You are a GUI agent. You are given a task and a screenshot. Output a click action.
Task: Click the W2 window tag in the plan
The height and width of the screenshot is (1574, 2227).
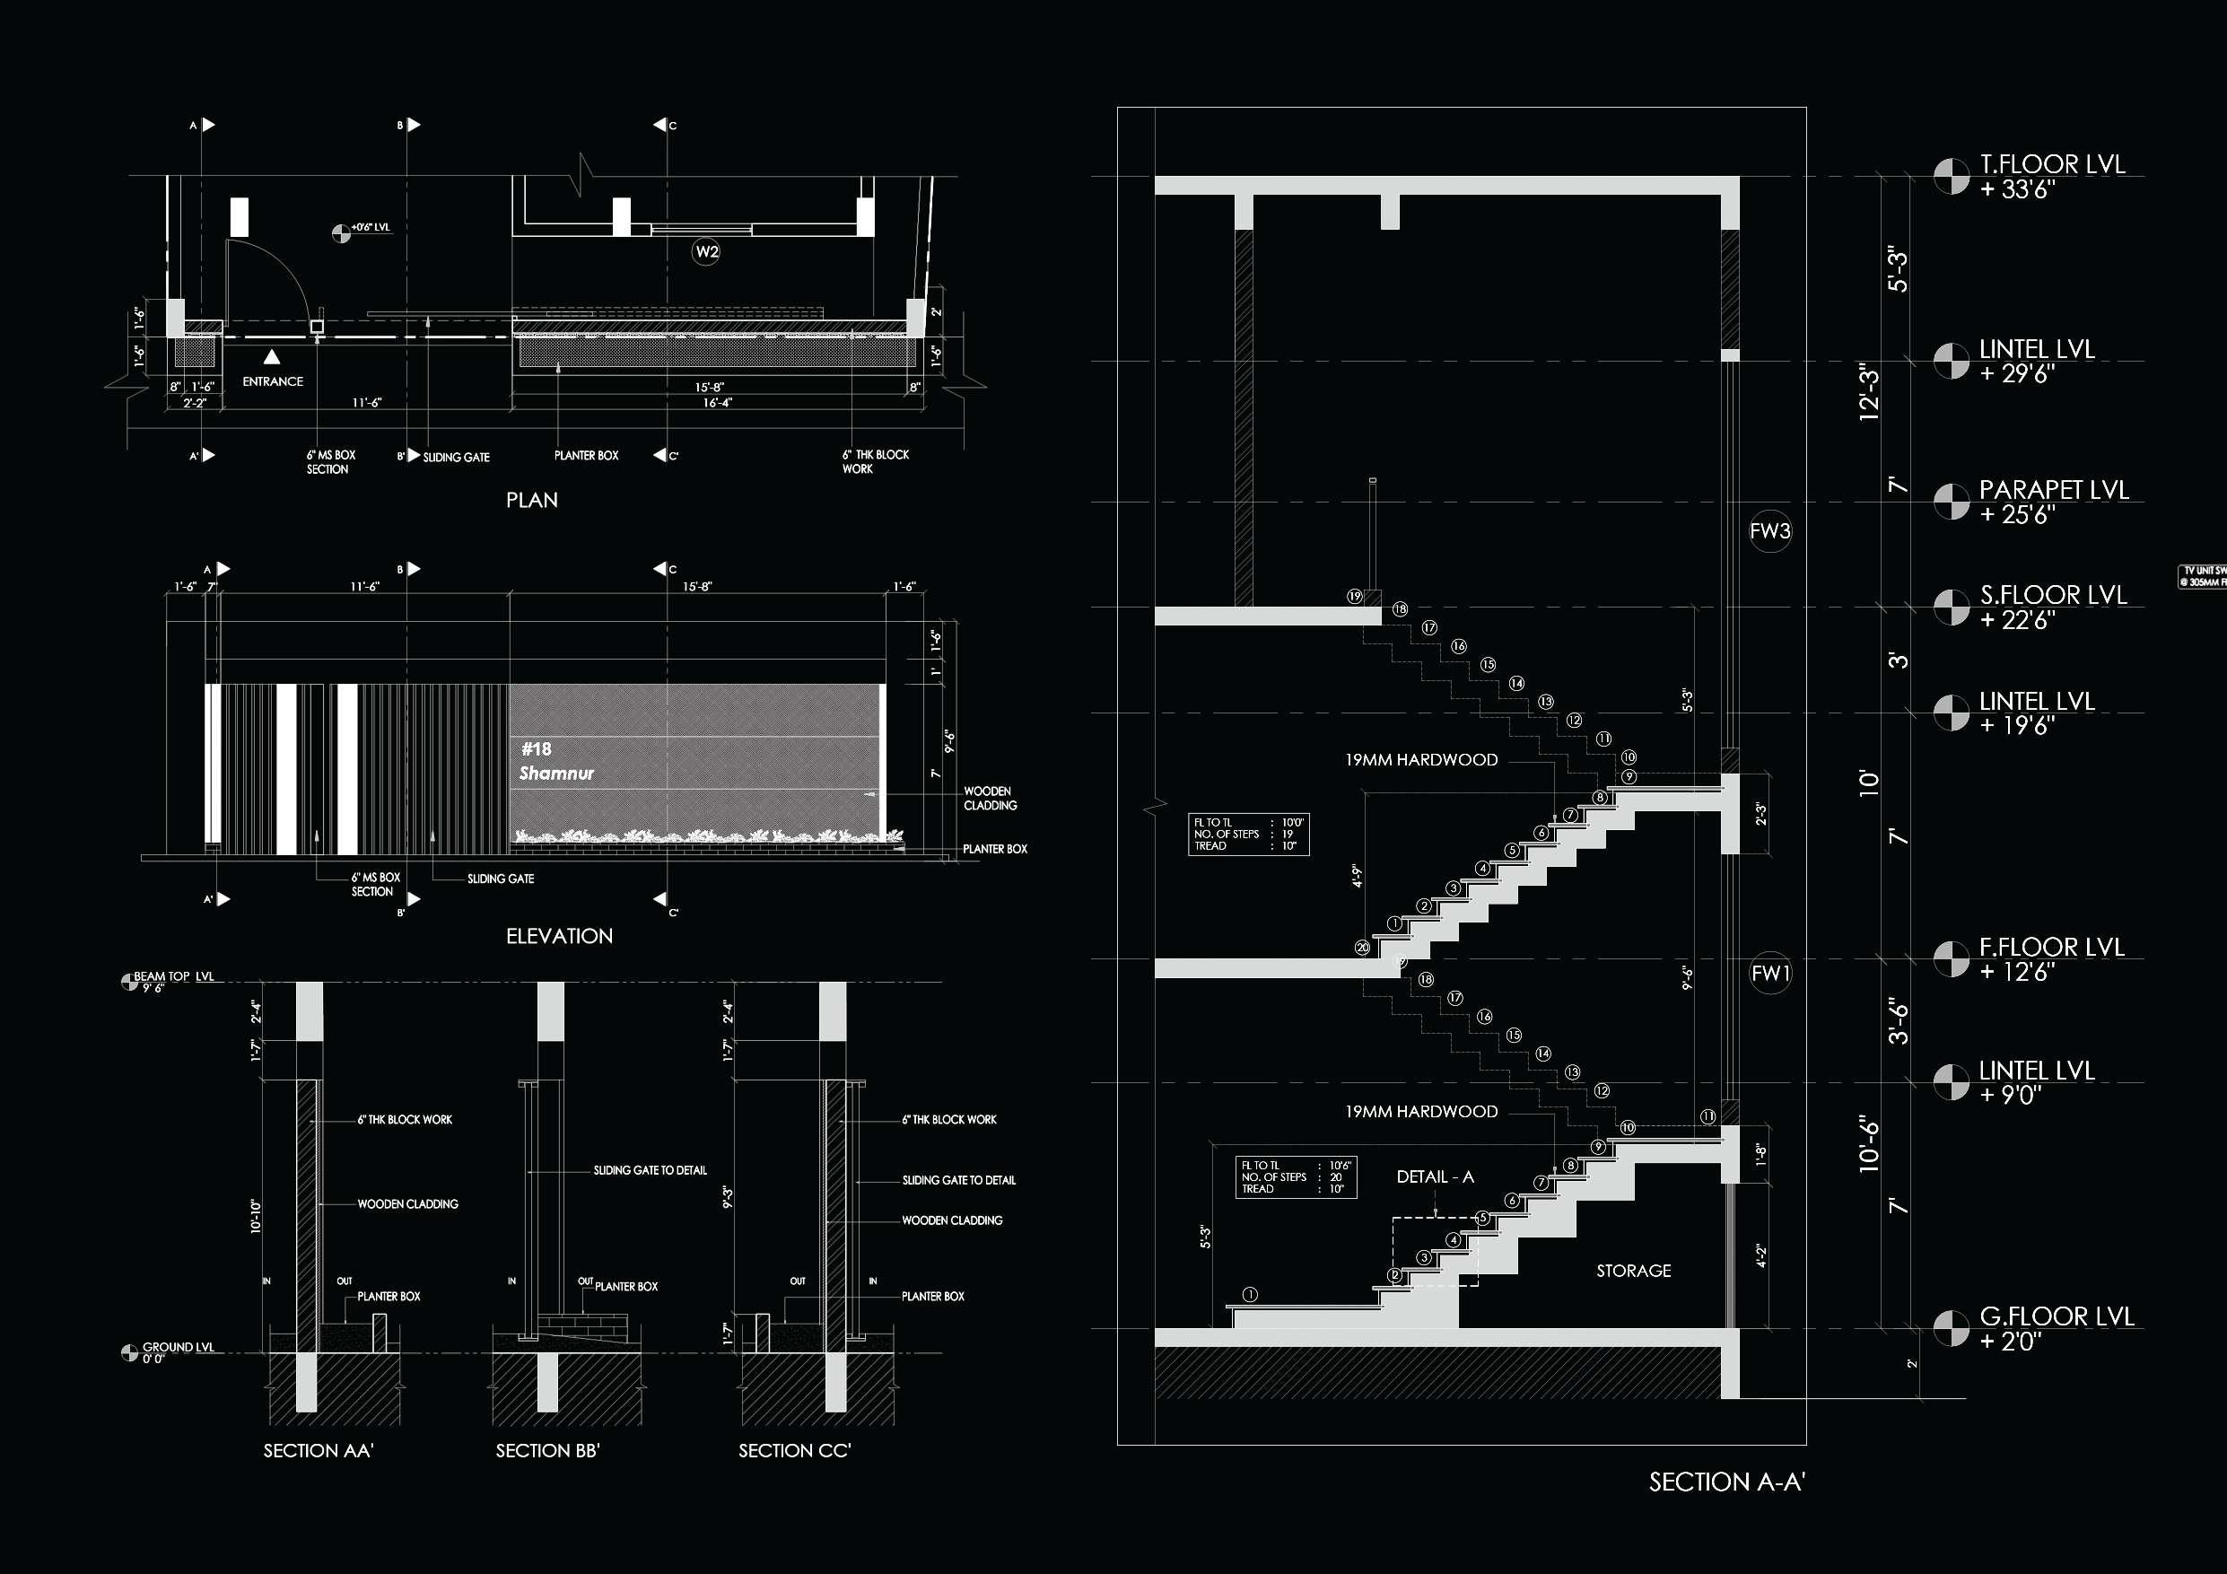pos(706,252)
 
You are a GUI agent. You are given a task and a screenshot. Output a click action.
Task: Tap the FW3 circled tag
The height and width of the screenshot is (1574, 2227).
pos(1769,531)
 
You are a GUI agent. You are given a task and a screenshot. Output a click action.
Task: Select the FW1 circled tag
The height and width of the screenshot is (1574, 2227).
pos(1769,973)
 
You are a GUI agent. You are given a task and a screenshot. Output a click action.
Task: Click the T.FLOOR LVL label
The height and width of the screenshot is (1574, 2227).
pos(2051,165)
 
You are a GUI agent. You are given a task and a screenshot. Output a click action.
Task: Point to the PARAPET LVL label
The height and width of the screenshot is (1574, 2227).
pos(2053,490)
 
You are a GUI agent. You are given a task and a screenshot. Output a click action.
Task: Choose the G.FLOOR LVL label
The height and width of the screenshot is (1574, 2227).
pos(2057,1316)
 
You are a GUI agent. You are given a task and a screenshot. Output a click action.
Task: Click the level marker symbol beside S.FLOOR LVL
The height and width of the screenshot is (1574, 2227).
pos(1951,608)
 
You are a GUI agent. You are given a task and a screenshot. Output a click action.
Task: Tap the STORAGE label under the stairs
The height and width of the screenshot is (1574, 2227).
pos(1633,1271)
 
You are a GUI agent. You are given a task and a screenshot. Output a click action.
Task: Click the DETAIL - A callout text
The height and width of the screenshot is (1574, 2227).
pos(1435,1176)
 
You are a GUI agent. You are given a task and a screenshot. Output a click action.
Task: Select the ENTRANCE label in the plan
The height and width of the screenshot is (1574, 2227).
pos(273,381)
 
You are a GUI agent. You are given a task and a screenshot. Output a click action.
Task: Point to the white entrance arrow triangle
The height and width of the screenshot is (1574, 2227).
pos(273,357)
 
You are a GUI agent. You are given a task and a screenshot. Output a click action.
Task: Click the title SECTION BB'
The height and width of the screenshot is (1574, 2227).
pos(547,1451)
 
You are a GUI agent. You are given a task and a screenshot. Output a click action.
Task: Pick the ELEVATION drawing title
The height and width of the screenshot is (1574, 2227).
pos(559,936)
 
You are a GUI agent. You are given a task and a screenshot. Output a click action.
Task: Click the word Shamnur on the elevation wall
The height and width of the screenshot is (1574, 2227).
pos(555,773)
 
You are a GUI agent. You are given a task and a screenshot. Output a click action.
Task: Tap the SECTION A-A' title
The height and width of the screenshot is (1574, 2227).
pos(1726,1482)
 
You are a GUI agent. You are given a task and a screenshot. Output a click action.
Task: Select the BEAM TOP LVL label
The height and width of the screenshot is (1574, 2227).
pos(174,976)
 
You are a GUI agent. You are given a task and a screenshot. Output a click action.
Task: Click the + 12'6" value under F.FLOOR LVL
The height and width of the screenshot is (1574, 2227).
pos(2016,972)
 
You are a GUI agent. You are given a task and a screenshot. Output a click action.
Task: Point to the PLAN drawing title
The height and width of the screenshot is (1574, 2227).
pos(531,501)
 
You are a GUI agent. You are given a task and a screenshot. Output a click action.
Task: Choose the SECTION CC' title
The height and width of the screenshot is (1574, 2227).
pos(794,1451)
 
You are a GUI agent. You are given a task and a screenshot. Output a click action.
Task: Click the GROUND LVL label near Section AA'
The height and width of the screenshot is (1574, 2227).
pos(178,1347)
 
